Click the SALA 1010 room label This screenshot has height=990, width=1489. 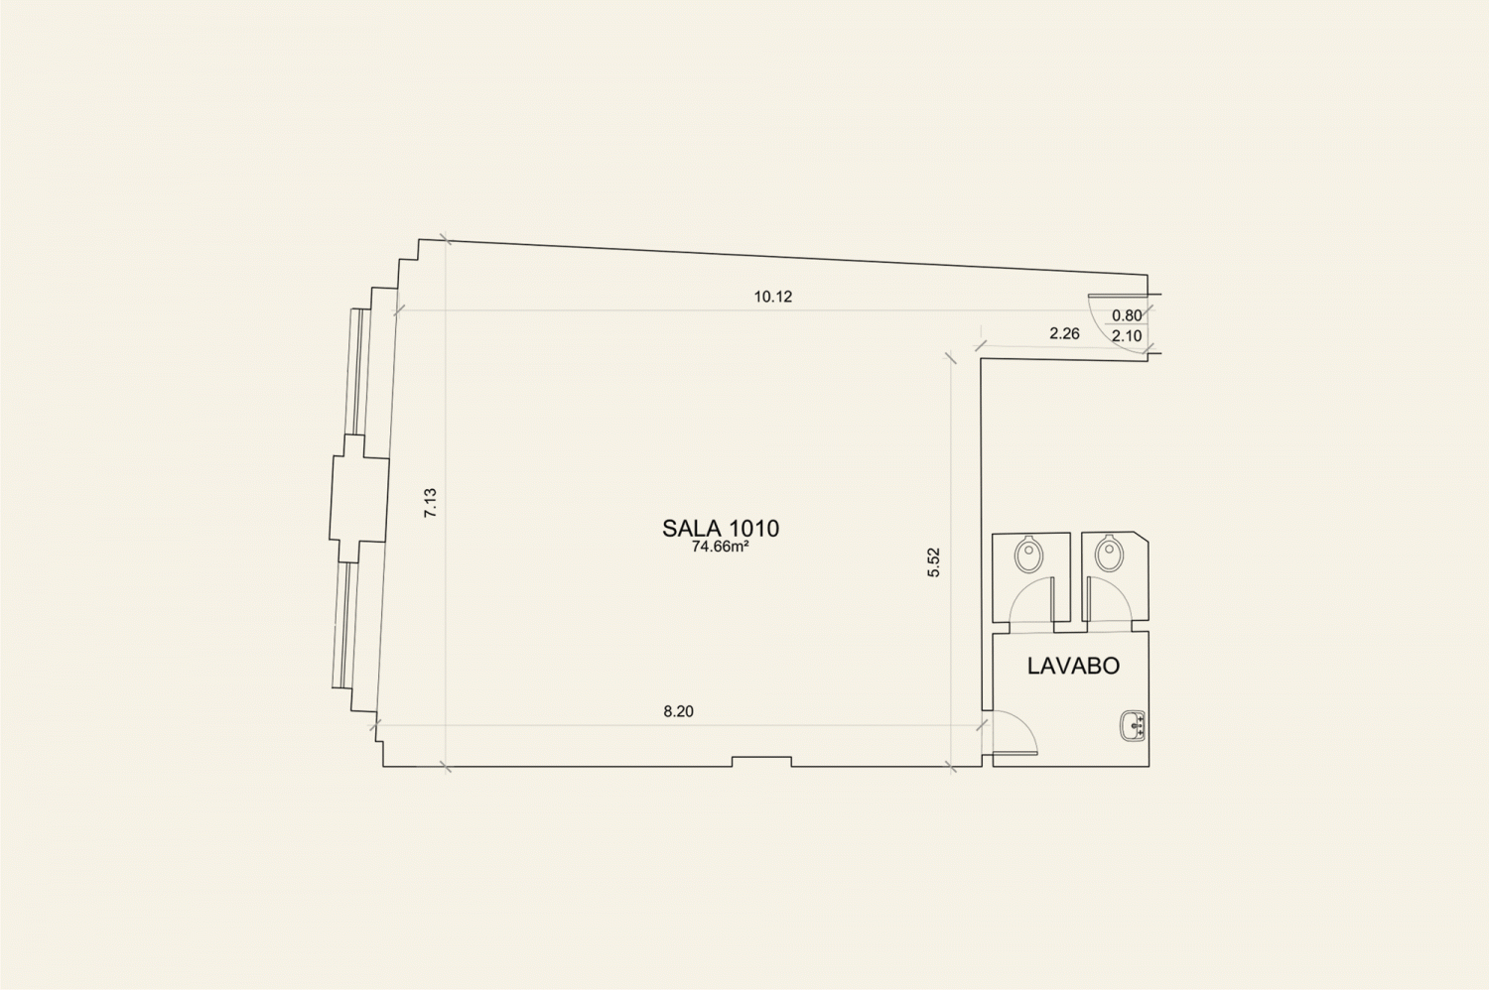tap(721, 528)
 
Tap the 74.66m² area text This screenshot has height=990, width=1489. tap(721, 547)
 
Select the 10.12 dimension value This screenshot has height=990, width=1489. tap(773, 297)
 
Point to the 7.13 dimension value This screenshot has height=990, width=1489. tap(431, 502)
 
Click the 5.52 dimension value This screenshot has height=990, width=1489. tap(934, 561)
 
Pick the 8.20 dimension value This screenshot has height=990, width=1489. tap(678, 711)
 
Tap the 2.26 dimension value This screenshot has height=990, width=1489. tap(1064, 333)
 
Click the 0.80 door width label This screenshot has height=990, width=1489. tap(1127, 315)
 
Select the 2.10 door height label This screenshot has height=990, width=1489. tap(1127, 335)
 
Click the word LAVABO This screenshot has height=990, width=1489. tap(1073, 666)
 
